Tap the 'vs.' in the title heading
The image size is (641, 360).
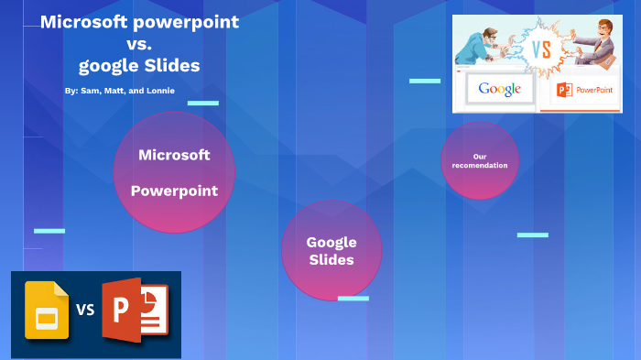[139, 44]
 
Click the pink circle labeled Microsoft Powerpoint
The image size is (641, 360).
[174, 171]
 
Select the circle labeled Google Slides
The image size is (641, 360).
[331, 250]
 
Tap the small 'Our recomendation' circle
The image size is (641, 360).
[479, 160]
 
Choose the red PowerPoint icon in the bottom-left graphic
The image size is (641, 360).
[133, 311]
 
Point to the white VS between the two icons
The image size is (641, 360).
[85, 310]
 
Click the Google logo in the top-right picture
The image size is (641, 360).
[499, 89]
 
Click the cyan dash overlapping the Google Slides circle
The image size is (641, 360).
[353, 298]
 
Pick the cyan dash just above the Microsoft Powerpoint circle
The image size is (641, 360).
[202, 103]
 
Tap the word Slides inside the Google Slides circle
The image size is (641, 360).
[331, 260]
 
